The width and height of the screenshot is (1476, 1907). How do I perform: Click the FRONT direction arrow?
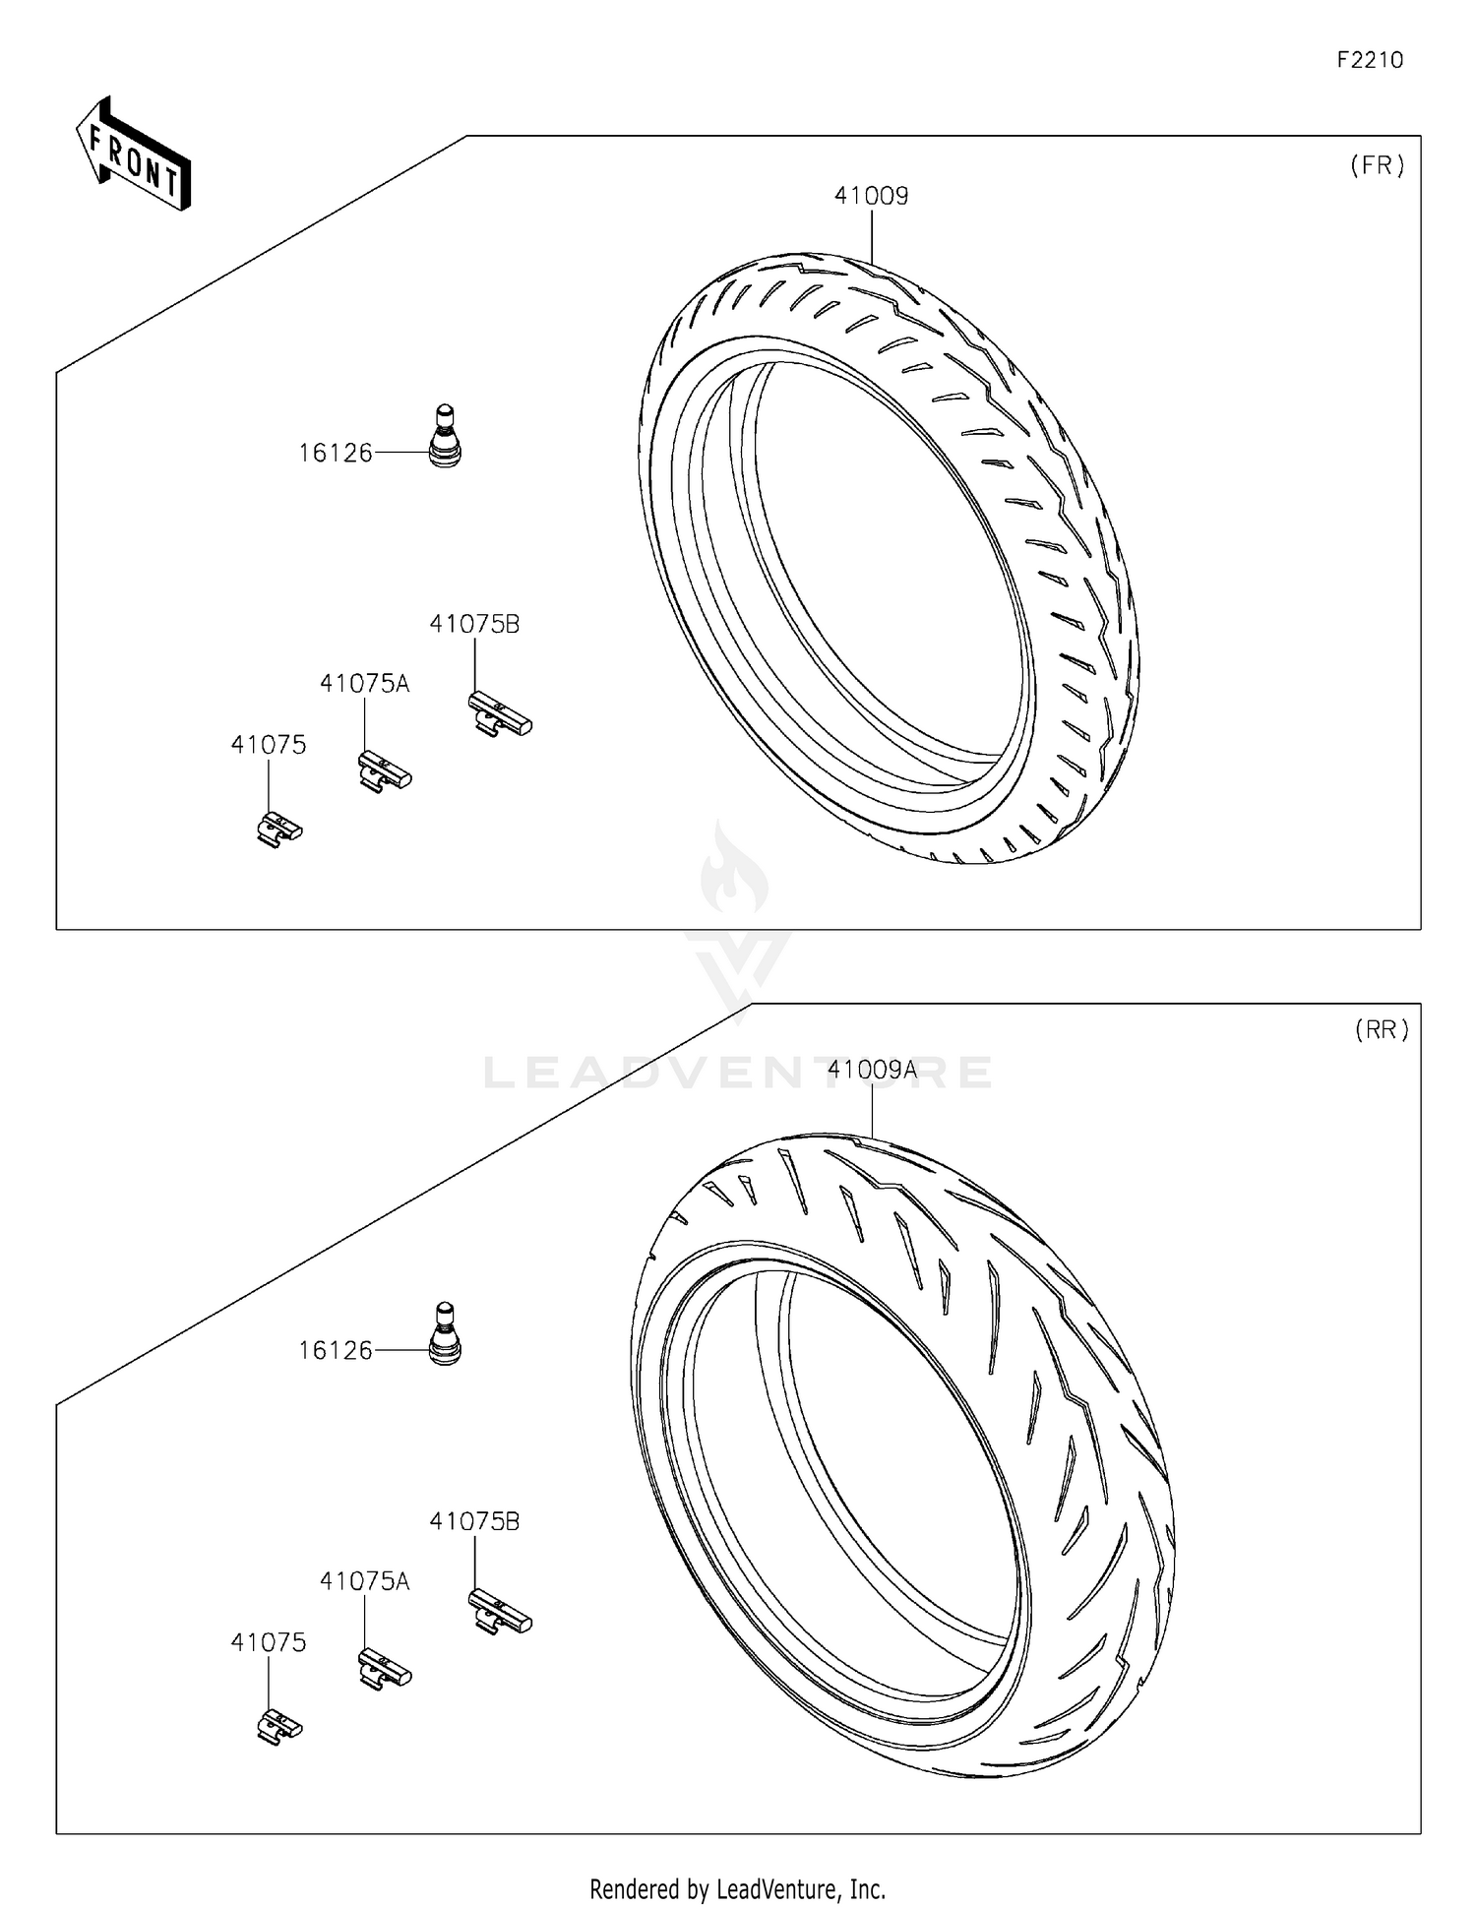tap(134, 155)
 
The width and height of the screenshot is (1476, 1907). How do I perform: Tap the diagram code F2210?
tap(1369, 60)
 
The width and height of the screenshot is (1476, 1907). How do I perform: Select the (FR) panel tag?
tap(1378, 165)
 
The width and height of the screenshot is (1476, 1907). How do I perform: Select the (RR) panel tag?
tap(1382, 1030)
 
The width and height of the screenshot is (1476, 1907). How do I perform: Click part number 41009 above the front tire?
tap(871, 196)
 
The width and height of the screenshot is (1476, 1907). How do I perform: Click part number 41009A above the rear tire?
tap(872, 1070)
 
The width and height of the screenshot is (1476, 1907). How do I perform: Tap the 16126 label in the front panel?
tap(336, 454)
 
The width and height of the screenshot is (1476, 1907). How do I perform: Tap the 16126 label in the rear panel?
tap(336, 1351)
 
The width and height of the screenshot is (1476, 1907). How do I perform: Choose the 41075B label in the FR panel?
tap(474, 624)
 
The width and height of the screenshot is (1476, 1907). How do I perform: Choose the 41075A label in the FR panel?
tap(364, 684)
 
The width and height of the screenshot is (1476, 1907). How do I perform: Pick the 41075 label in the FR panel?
tap(269, 745)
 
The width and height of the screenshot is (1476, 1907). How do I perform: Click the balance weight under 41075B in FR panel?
tap(499, 714)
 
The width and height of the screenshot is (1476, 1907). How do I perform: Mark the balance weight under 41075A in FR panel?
tap(384, 771)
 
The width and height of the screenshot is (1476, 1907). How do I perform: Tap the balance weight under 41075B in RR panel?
tap(499, 1613)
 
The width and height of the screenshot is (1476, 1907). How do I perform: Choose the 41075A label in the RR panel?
tap(364, 1581)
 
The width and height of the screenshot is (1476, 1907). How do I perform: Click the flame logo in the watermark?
tap(735, 871)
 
